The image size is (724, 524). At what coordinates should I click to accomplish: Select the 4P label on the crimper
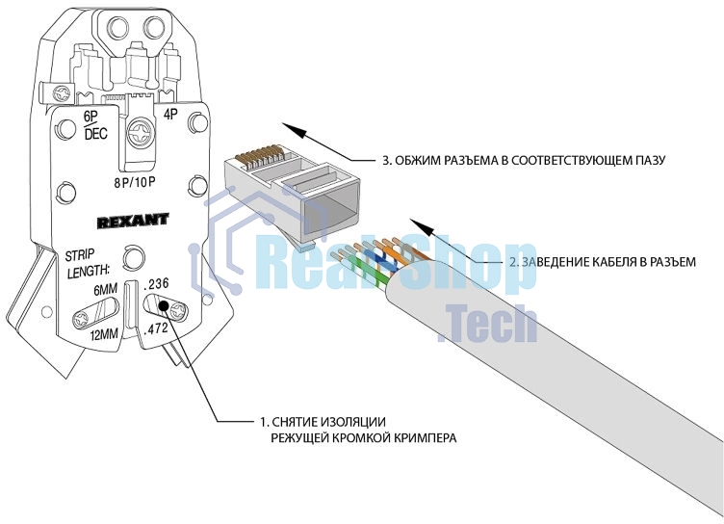coord(170,115)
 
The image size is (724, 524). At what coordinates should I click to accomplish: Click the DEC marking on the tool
coord(95,134)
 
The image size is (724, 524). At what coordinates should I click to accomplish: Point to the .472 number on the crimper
coord(156,329)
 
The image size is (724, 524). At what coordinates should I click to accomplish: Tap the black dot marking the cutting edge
coord(165,307)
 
